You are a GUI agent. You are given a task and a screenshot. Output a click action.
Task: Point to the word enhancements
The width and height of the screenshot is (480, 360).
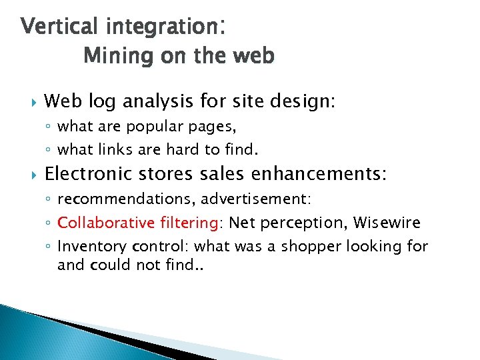coord(319,175)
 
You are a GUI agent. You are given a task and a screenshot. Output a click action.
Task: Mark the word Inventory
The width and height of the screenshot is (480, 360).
coord(84,246)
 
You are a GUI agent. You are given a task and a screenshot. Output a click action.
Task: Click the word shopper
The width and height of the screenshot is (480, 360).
coord(311,247)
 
